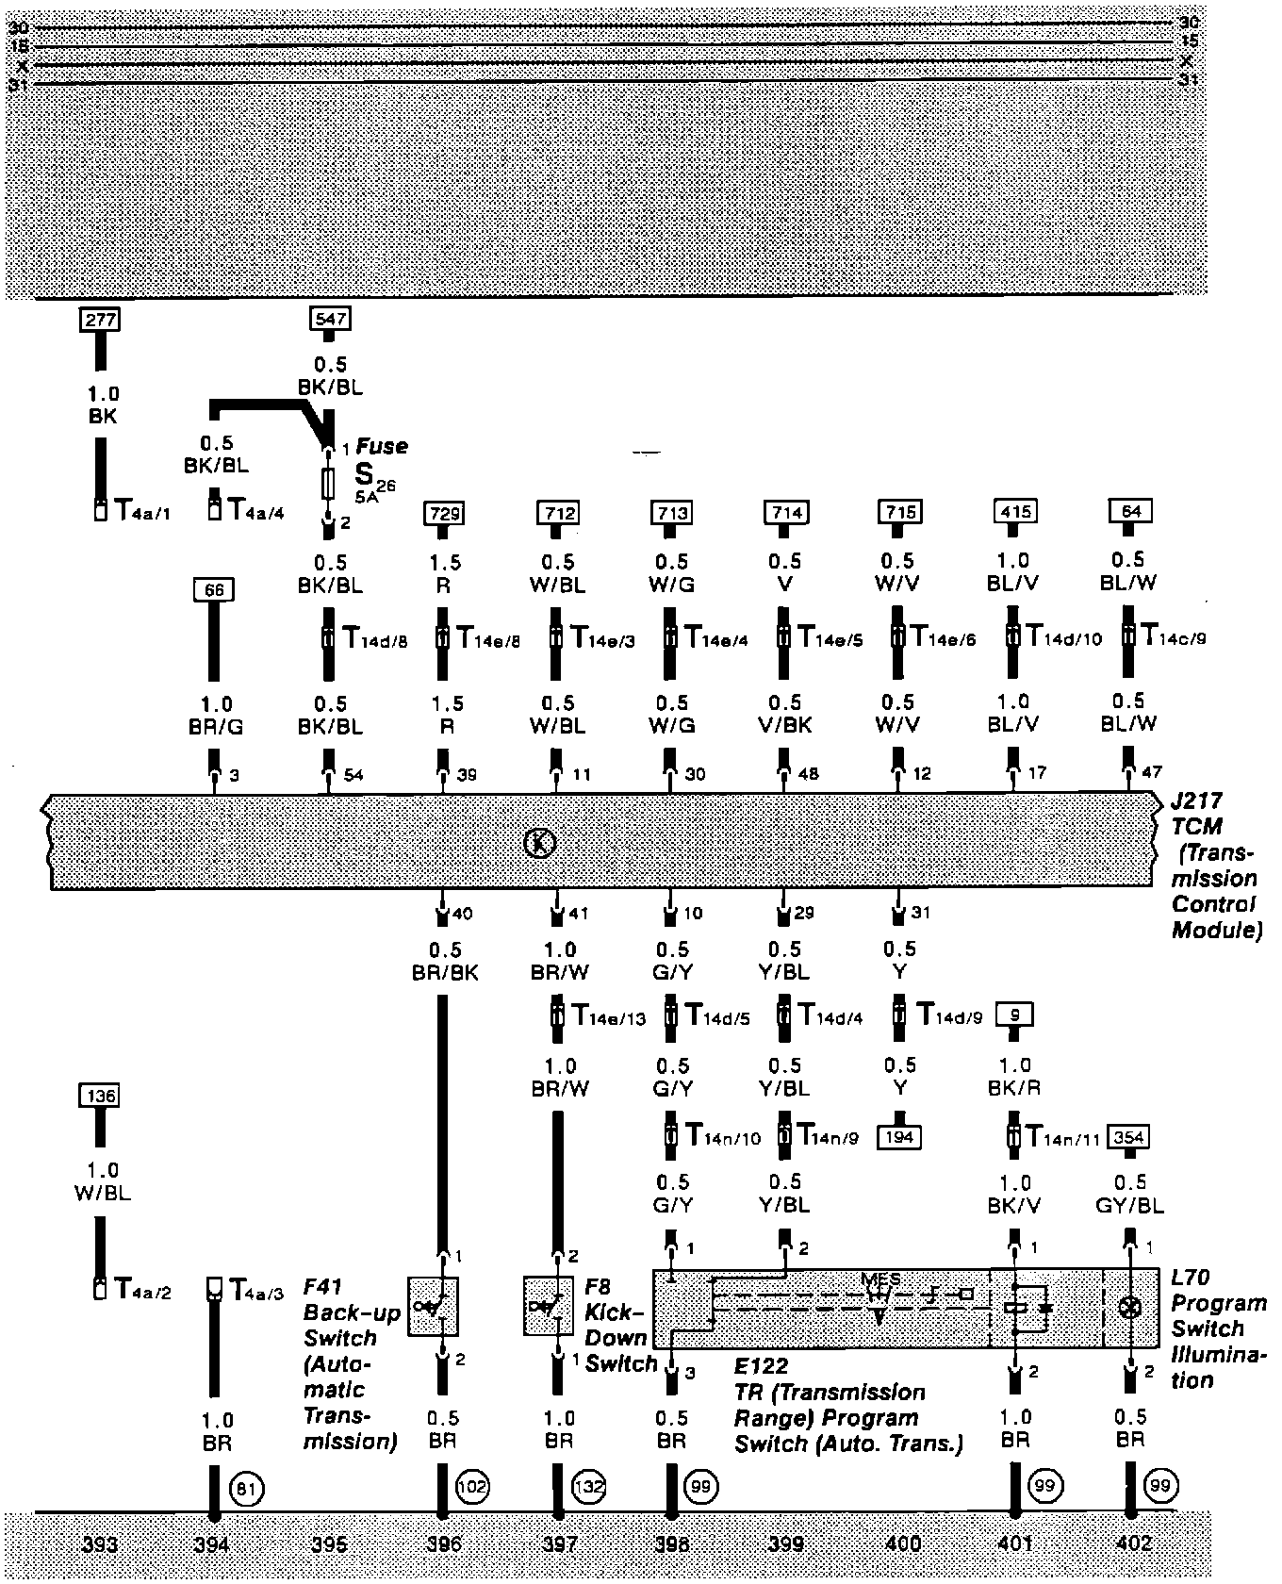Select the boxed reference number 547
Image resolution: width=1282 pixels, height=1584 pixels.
(329, 319)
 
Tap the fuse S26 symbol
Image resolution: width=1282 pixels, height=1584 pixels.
(329, 483)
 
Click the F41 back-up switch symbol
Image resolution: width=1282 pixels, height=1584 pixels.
(433, 1307)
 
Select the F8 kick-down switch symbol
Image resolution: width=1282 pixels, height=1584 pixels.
(548, 1306)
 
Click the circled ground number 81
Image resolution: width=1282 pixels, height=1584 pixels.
(247, 1489)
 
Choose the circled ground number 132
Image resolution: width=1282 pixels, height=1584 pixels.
(589, 1488)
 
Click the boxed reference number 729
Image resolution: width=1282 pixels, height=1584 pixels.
(445, 513)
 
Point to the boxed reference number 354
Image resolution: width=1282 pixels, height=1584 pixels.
(1129, 1137)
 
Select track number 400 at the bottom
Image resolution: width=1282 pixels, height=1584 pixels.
(903, 1543)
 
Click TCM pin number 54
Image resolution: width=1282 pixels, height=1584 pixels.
(352, 775)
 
